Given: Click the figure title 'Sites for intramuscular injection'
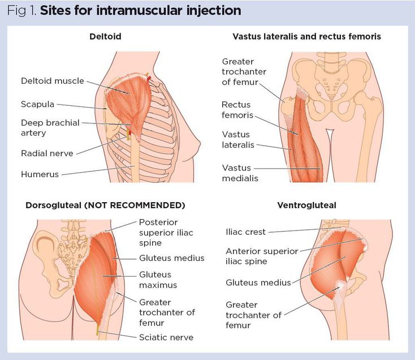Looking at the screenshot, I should click(x=140, y=11).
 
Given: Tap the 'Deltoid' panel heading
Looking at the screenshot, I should click(x=105, y=37).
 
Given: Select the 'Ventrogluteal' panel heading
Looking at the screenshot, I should click(x=306, y=205).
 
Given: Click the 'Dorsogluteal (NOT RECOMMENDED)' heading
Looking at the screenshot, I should click(x=105, y=205).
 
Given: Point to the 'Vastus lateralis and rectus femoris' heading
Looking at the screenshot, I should click(x=306, y=37).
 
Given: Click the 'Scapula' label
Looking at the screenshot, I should click(x=37, y=104).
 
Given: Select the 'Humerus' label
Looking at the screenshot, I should click(x=40, y=174).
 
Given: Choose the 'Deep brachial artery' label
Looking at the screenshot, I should click(x=50, y=127).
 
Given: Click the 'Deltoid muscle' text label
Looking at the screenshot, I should click(x=52, y=81).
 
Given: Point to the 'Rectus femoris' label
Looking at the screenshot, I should click(x=236, y=110).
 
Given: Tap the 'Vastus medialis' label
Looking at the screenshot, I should click(x=240, y=173).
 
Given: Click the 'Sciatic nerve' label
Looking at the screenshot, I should click(x=166, y=337).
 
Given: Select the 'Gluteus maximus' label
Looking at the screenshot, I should click(x=158, y=280).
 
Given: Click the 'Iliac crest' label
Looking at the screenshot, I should click(x=245, y=232).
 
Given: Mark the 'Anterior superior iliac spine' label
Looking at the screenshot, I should click(x=261, y=256).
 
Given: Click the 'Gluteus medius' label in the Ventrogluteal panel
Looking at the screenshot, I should click(x=258, y=282).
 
